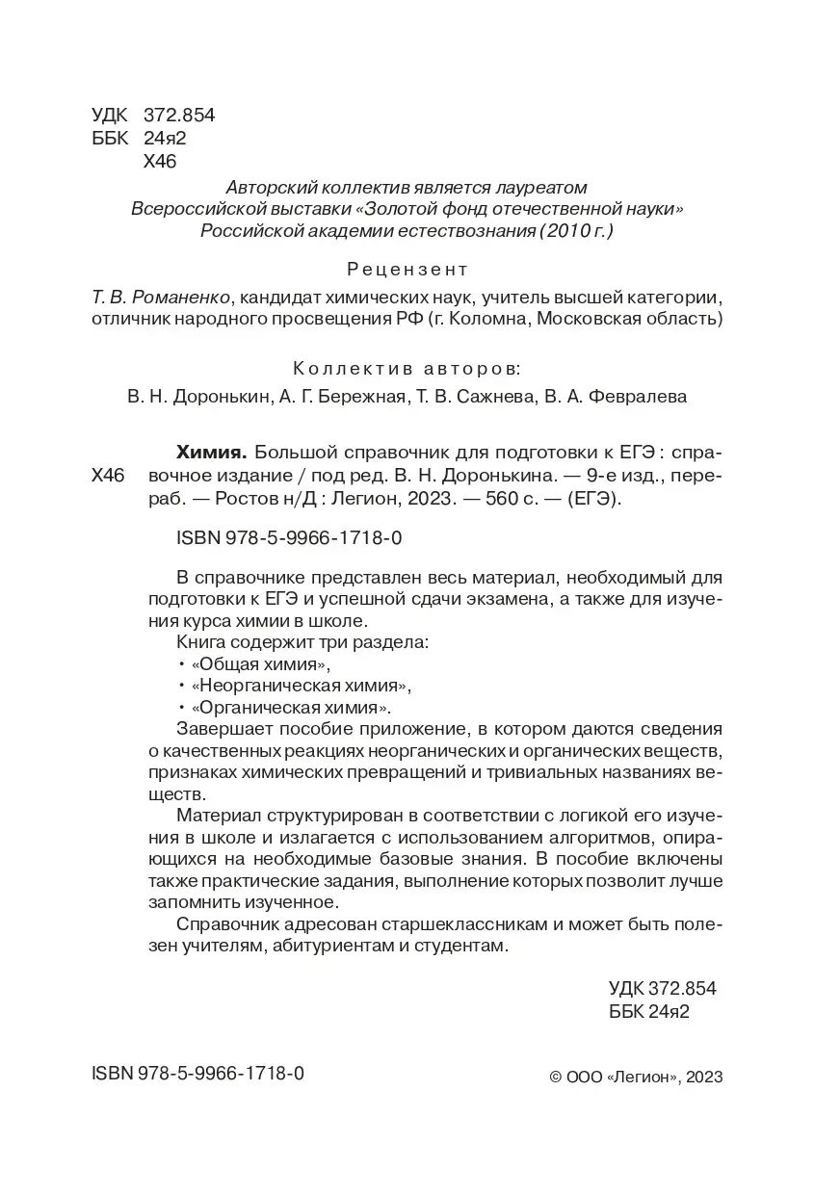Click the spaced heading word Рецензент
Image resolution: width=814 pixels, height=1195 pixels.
tap(407, 268)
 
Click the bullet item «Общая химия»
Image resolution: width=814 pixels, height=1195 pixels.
tap(261, 664)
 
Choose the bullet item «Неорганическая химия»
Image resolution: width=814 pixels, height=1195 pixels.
tap(302, 686)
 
